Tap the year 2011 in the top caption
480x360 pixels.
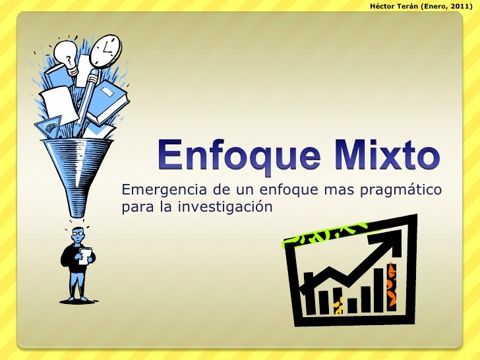click(460, 6)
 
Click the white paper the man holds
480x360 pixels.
click(84, 255)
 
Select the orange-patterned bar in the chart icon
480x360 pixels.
click(393, 284)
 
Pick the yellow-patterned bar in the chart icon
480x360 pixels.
click(338, 305)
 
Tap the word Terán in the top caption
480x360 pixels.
click(413, 6)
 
